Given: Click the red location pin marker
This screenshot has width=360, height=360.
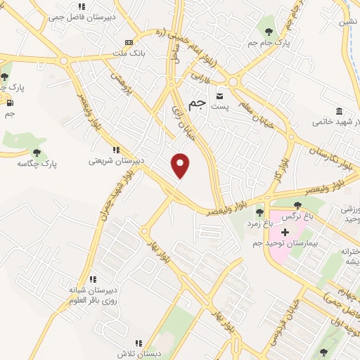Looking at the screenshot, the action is [x=181, y=165].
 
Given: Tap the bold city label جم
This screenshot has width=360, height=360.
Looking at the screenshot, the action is [x=199, y=103].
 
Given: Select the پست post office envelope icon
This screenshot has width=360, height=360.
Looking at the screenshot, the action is [x=221, y=95].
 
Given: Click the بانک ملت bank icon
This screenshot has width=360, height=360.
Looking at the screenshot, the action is [x=127, y=41].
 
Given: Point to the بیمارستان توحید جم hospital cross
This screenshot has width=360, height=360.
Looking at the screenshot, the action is [x=285, y=232].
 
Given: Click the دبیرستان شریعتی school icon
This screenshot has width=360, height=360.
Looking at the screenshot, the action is [x=116, y=150].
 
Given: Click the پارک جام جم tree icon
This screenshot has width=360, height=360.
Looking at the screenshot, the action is [x=267, y=31].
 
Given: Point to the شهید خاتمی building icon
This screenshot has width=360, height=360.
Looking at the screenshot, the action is [x=340, y=112].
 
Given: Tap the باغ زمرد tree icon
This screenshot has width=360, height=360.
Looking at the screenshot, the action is [x=259, y=212].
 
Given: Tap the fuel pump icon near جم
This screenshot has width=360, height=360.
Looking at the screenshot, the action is [x=10, y=103].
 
